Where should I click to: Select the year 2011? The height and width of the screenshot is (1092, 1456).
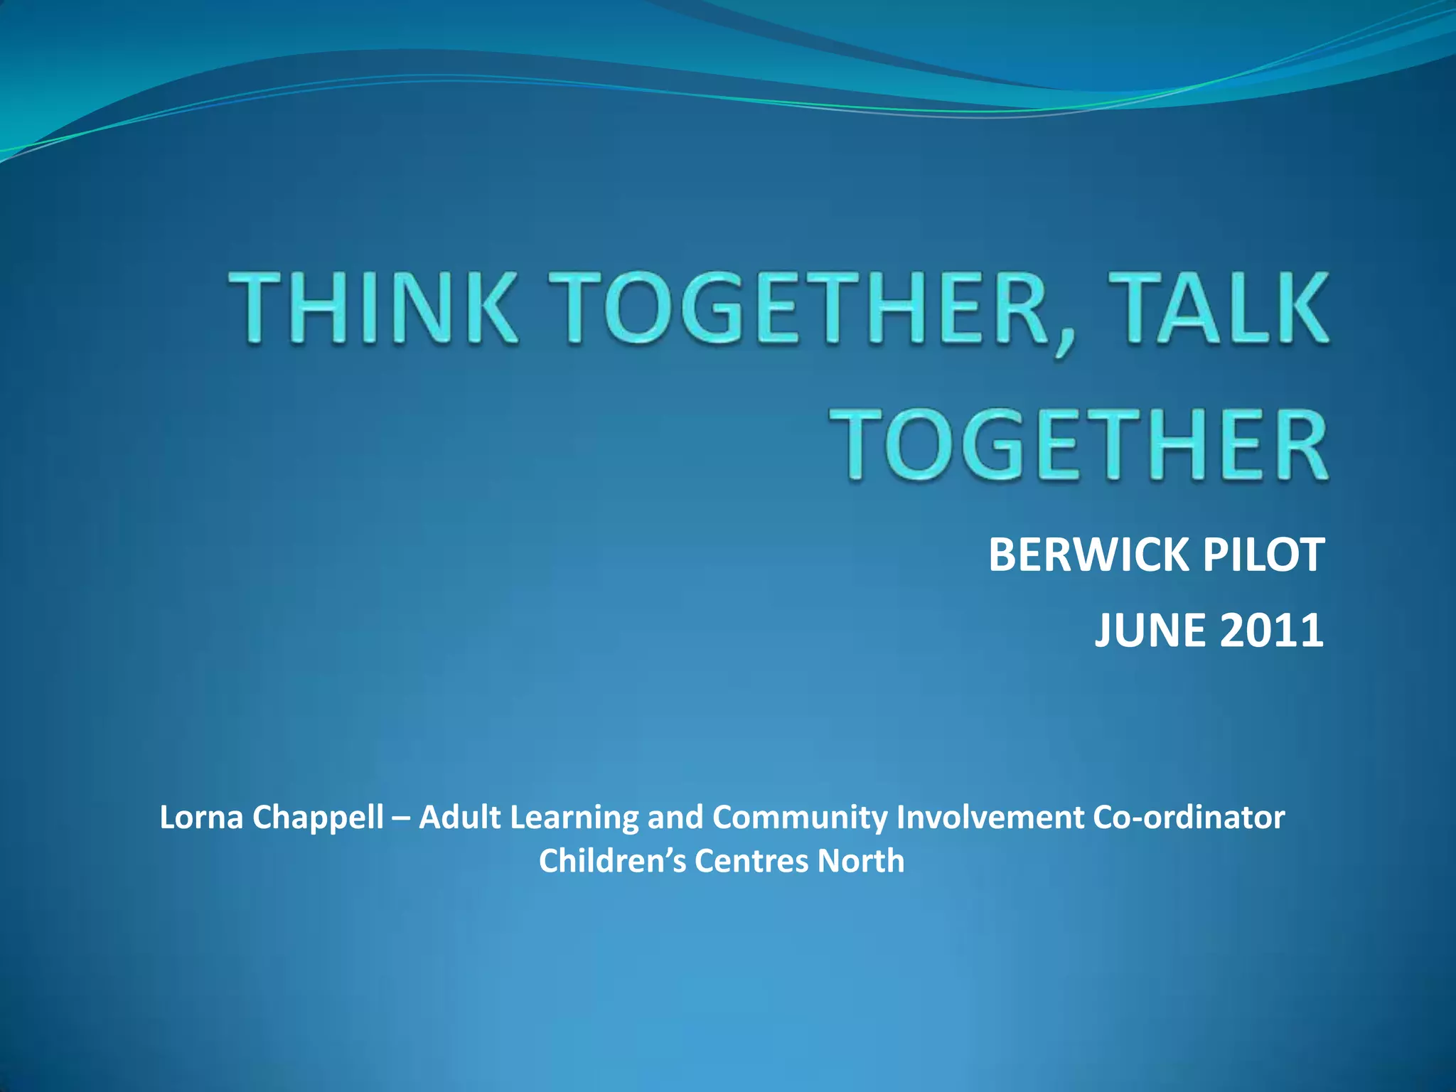click(1271, 630)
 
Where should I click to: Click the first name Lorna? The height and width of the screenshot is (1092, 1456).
click(202, 818)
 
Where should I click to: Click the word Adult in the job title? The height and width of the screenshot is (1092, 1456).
click(460, 818)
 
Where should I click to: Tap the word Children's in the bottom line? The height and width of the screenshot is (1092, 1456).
click(612, 861)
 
